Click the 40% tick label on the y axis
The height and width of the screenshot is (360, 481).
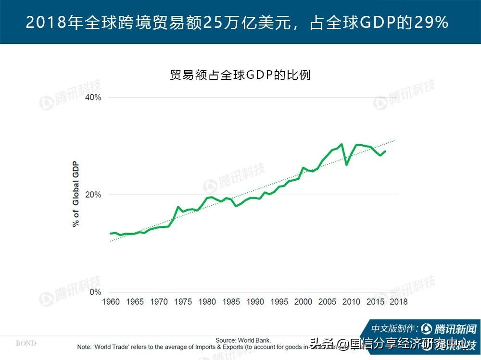93,98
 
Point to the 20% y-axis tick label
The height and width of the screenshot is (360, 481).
93,195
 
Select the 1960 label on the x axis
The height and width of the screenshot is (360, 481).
111,302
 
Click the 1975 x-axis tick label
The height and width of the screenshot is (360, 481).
183,302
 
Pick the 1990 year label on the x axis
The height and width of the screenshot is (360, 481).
255,302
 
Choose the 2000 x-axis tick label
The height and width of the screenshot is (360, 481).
303,302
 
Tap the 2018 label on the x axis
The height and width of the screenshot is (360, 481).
398,302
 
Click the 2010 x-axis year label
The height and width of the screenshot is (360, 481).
351,302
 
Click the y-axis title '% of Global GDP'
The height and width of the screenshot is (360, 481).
76,195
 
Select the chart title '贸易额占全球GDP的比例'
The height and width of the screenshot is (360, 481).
240,75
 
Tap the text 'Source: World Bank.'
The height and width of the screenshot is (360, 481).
246,340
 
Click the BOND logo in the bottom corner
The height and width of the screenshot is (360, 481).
26,343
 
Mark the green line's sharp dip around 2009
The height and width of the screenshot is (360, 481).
346,165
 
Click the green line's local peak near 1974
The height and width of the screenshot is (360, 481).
178,207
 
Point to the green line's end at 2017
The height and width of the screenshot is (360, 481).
385,151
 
